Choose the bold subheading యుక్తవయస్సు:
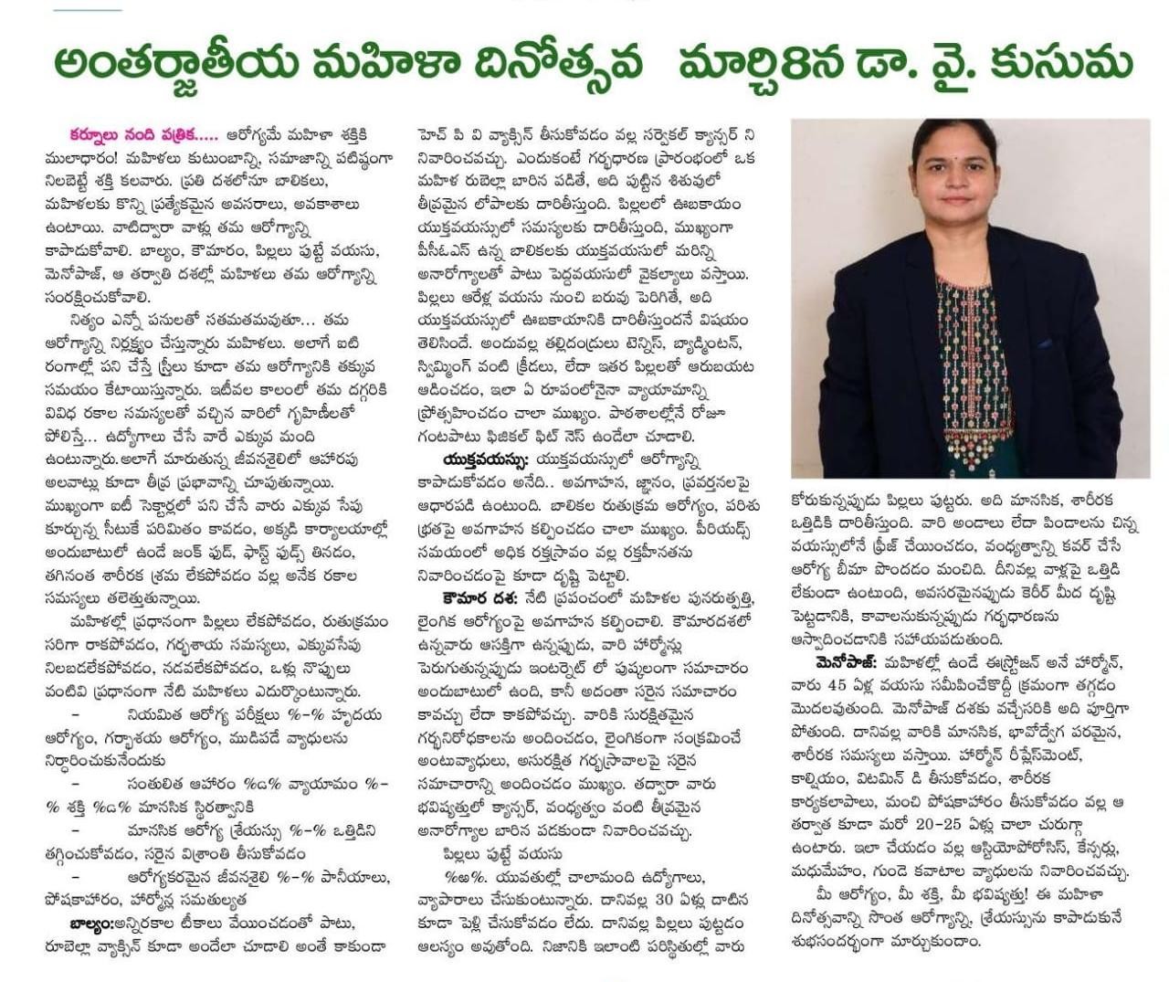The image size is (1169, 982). (485, 459)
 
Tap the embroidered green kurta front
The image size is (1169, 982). (973, 365)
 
